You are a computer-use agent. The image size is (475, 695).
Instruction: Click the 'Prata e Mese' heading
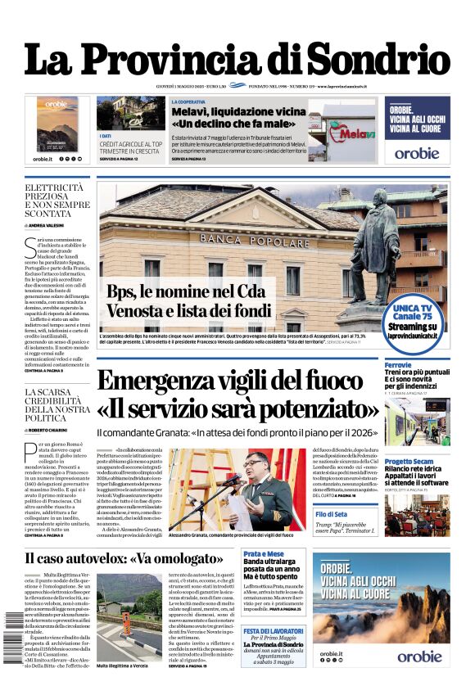(264, 554)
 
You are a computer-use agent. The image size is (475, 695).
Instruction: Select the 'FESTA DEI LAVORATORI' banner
(273, 631)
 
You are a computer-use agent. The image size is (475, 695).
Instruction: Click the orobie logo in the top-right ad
(417, 152)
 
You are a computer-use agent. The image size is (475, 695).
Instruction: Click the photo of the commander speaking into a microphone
(240, 489)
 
